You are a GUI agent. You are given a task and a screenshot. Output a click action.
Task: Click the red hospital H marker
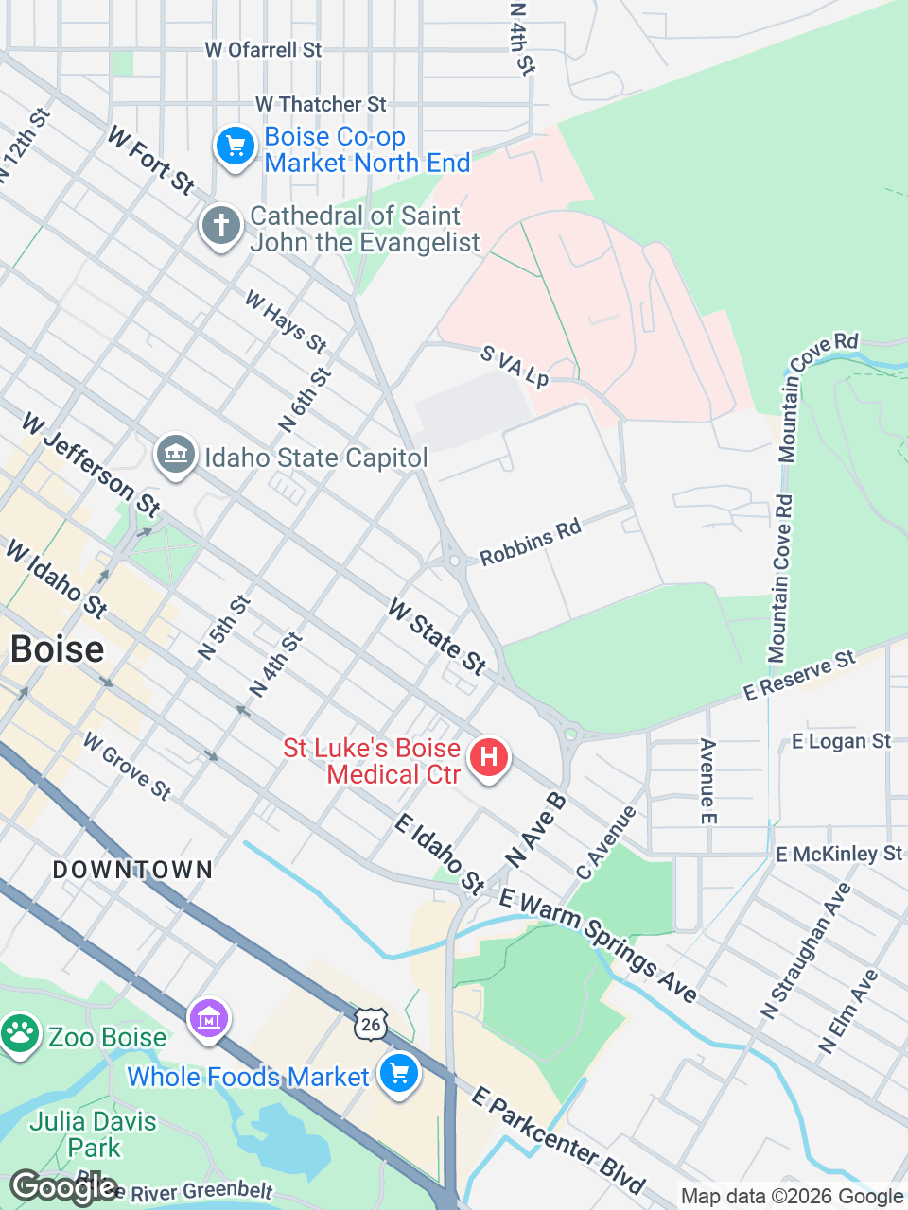[489, 757]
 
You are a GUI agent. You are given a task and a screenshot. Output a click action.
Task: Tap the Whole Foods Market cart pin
[398, 1073]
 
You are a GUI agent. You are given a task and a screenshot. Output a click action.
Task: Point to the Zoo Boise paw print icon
[19, 1034]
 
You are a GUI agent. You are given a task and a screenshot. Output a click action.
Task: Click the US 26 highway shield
[371, 1023]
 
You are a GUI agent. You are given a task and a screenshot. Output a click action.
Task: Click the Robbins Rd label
[530, 543]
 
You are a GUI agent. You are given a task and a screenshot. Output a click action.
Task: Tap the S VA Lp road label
[515, 366]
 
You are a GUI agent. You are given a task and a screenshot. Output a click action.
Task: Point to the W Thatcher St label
[321, 104]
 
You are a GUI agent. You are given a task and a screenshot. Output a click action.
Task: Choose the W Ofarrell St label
[263, 49]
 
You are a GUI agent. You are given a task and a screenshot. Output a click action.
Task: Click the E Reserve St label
[799, 676]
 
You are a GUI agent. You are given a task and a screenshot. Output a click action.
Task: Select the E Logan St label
[841, 741]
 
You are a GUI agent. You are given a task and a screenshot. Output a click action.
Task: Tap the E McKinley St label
[839, 854]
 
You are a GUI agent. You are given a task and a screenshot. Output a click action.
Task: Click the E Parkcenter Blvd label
[558, 1141]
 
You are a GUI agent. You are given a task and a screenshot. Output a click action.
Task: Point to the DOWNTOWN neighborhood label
[132, 870]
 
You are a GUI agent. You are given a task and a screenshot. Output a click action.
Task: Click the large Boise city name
[57, 649]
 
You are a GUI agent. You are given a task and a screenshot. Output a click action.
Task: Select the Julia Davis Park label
[93, 1134]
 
